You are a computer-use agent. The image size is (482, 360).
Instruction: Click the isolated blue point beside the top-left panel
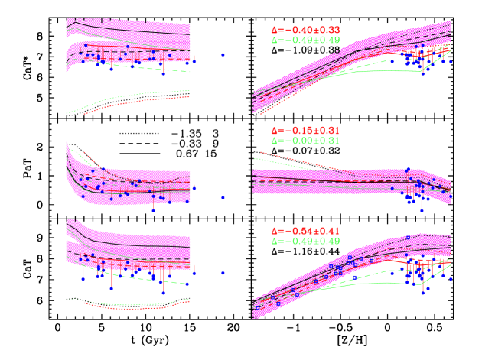223,55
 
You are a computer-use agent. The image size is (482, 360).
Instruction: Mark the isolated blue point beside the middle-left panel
223,197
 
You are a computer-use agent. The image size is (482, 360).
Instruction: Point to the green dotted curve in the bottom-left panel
77,299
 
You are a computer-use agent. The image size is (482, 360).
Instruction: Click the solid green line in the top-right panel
383,70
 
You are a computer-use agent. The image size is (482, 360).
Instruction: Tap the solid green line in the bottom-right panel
383,284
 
